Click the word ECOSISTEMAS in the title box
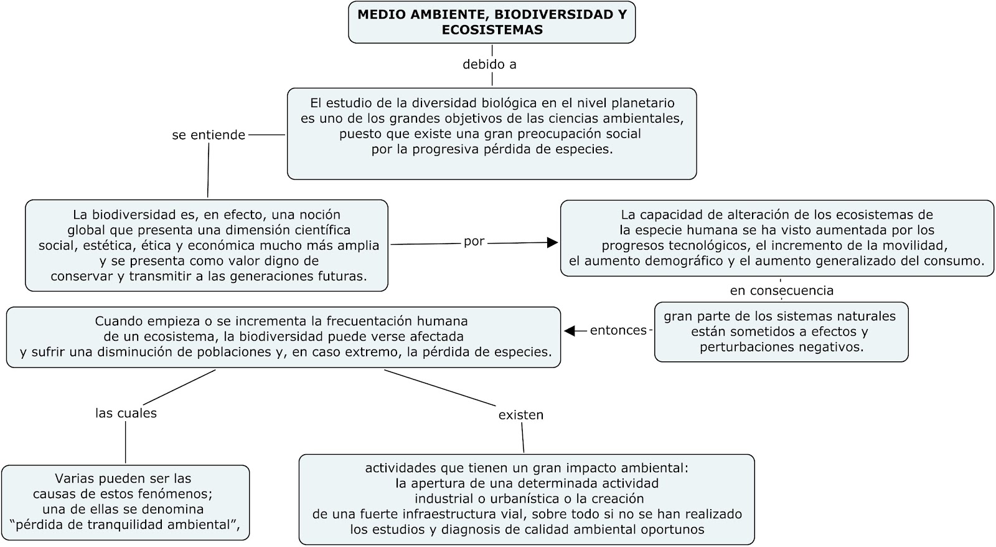492,30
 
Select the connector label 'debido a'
489,64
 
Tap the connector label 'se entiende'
209,135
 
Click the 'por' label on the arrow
474,242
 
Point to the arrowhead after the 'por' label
552,243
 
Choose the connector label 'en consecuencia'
781,290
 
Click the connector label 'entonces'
618,330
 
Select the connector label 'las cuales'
126,413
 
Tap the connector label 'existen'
521,415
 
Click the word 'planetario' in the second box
644,103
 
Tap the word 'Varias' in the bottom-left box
75,479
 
